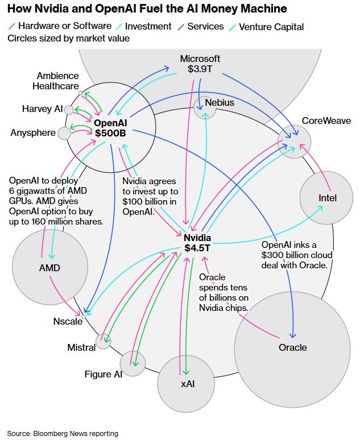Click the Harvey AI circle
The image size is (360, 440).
pyautogui.click(x=69, y=110)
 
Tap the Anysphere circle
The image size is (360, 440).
pyautogui.click(x=64, y=133)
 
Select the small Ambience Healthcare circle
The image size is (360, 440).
pyautogui.click(x=81, y=93)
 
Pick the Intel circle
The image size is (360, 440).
pyautogui.click(x=327, y=198)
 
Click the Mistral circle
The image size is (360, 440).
pyautogui.click(x=103, y=341)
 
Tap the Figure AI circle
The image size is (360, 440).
pyautogui.click(x=133, y=363)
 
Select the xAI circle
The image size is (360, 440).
pyautogui.click(x=188, y=384)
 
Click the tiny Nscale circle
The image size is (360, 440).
pyautogui.click(x=84, y=315)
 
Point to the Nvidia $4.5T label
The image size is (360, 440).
pyautogui.click(x=197, y=243)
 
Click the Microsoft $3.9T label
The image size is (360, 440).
pyautogui.click(x=200, y=64)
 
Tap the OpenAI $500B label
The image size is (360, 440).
pyautogui.click(x=110, y=127)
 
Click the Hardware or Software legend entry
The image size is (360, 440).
pyautogui.click(x=60, y=26)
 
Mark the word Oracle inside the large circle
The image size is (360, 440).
pyautogui.click(x=292, y=347)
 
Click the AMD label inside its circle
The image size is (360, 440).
pyautogui.click(x=49, y=268)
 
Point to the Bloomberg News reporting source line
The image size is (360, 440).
pyautogui.click(x=63, y=433)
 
